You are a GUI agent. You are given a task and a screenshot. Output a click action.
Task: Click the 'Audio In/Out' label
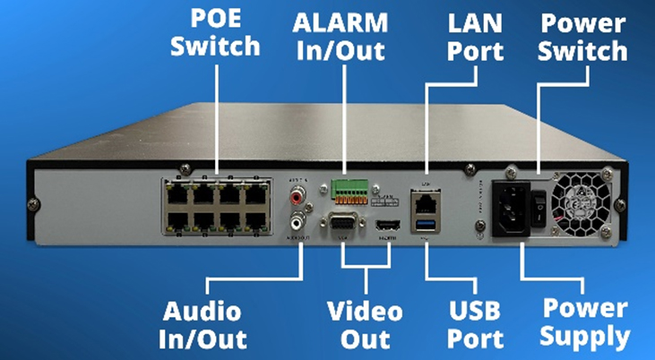[x=203, y=324]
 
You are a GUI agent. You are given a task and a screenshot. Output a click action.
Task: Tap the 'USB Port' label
[x=474, y=324]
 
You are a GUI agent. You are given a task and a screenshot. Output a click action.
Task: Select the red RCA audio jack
[x=296, y=193]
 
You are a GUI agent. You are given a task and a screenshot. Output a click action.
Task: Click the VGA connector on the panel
[x=344, y=225]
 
